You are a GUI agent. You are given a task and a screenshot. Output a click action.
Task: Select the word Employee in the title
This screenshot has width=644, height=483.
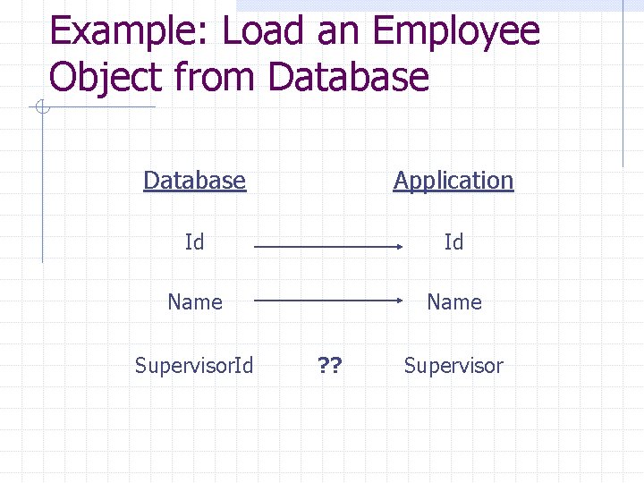tap(456, 34)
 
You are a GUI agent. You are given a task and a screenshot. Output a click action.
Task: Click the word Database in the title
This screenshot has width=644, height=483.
tap(349, 78)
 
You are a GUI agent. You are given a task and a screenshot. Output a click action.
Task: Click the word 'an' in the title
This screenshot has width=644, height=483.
tap(339, 32)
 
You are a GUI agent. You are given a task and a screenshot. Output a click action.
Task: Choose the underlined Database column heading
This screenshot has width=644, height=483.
tap(194, 181)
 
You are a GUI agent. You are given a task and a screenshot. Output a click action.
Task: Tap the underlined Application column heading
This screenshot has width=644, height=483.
tap(453, 181)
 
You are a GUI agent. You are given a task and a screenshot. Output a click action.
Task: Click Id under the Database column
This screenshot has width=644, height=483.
tap(194, 242)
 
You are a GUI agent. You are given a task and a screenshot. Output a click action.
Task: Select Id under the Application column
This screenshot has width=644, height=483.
tap(453, 242)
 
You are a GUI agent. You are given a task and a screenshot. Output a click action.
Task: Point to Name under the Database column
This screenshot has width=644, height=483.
tap(194, 302)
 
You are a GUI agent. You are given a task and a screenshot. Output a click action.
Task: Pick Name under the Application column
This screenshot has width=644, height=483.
tap(453, 302)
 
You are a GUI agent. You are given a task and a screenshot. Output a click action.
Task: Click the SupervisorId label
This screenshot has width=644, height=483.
tap(194, 365)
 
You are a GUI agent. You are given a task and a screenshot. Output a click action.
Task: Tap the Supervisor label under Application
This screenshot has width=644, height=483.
tap(453, 365)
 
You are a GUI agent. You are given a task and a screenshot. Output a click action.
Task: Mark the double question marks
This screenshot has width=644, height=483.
tap(330, 365)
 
